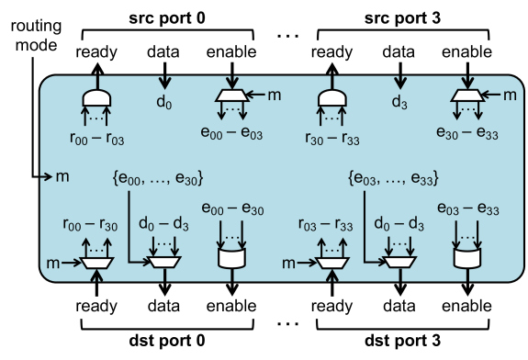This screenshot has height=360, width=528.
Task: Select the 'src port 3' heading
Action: (398, 14)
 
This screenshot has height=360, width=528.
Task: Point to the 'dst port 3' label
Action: (398, 347)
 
